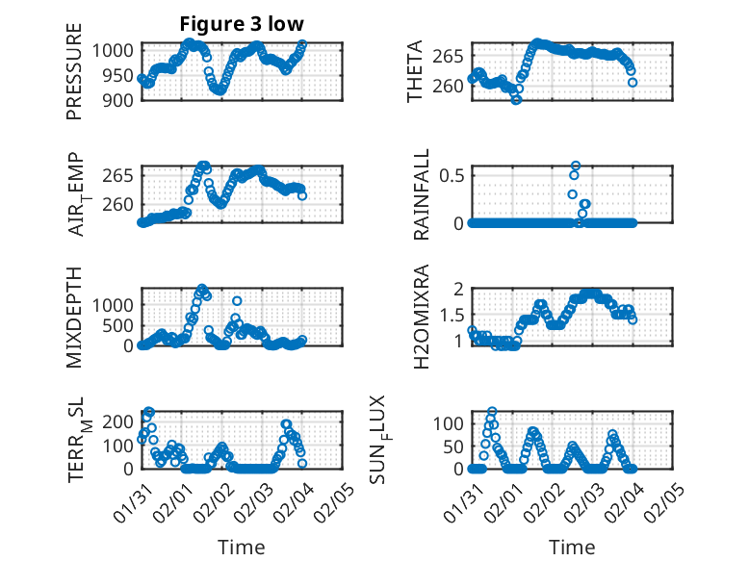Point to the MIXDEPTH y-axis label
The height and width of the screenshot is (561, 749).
tap(74, 317)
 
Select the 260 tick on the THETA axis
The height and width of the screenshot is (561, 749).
tap(449, 86)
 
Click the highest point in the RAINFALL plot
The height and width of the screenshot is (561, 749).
tap(576, 166)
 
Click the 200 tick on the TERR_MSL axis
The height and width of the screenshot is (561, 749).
tap(122, 421)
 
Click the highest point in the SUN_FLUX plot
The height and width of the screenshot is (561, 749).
tap(492, 412)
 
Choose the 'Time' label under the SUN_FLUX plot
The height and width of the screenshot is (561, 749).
tap(572, 547)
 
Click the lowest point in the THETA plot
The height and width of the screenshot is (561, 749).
tap(516, 100)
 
